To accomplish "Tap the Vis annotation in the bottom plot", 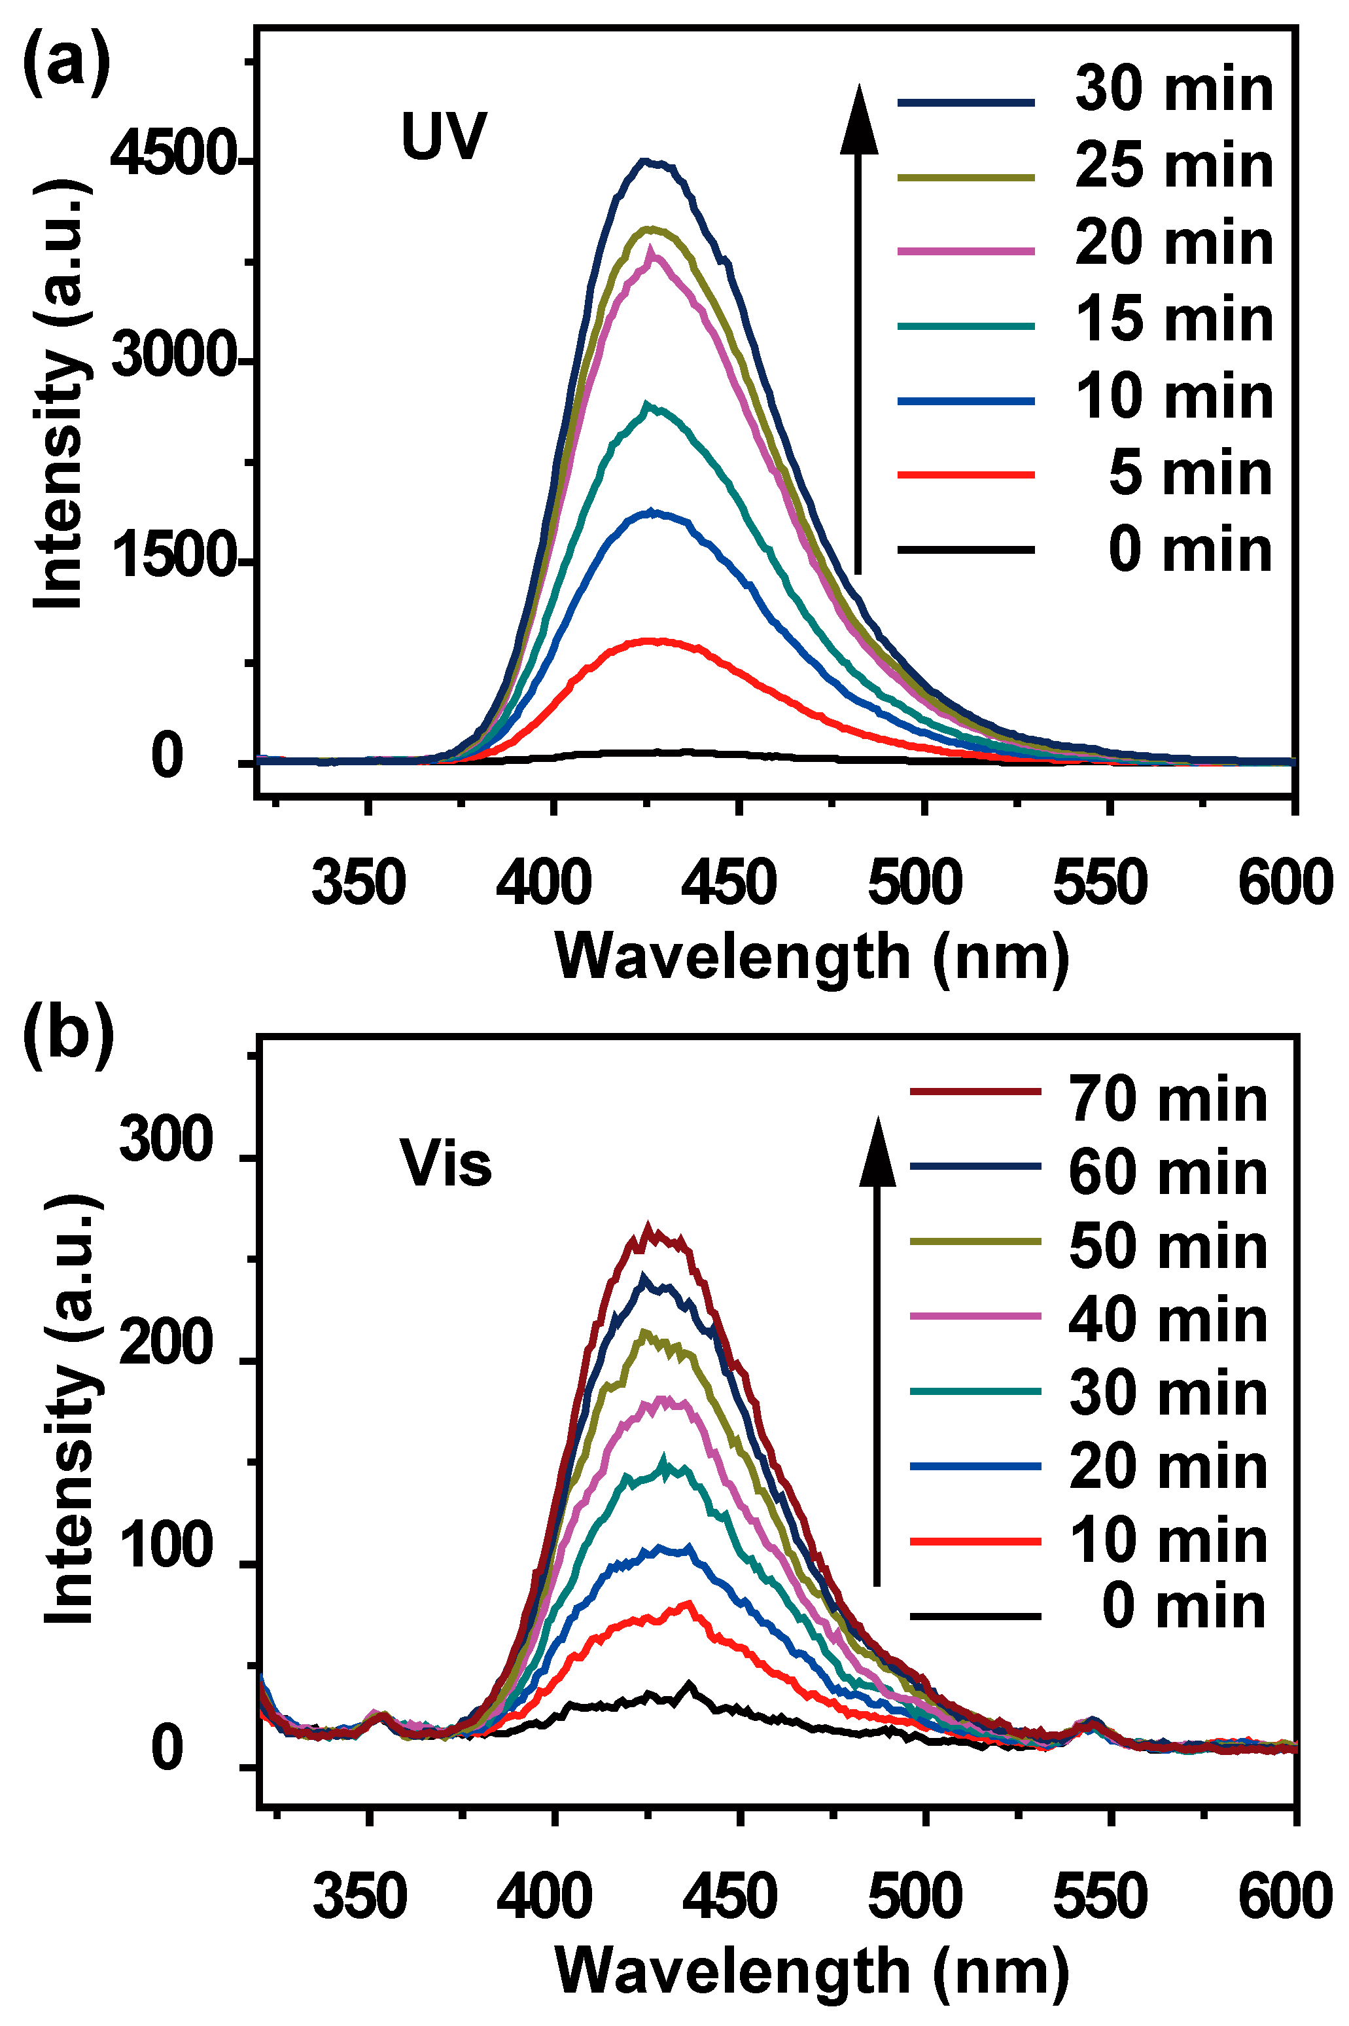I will [446, 1165].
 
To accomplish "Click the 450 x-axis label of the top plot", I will [729, 883].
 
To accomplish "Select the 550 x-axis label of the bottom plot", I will [1100, 1897].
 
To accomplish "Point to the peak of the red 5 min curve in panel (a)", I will [656, 640].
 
